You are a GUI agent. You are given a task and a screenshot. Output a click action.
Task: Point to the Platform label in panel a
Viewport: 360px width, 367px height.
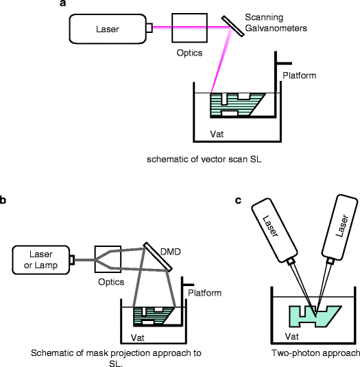pyautogui.click(x=298, y=75)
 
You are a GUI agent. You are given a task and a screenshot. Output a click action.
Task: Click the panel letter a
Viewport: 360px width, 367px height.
pyautogui.click(x=63, y=4)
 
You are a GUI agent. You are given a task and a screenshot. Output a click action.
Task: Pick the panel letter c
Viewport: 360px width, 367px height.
pyautogui.click(x=238, y=200)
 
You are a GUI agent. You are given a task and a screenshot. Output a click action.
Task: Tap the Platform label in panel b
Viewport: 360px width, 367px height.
pyautogui.click(x=204, y=293)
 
